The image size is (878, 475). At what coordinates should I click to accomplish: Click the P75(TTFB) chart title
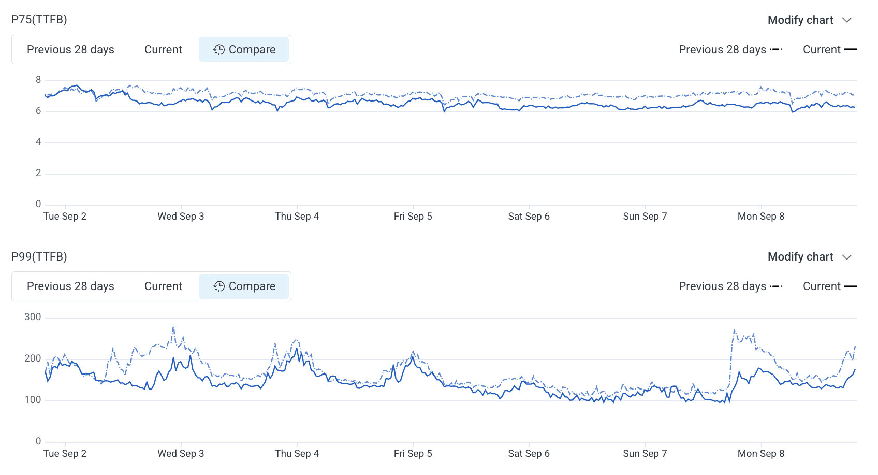pos(39,20)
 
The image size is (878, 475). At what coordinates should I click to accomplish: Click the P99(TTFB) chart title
pos(39,257)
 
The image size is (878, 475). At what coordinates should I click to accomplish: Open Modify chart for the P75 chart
pos(809,20)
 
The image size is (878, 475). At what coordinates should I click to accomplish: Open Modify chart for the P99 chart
pos(809,257)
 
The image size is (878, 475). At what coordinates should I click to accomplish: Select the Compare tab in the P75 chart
pos(244,50)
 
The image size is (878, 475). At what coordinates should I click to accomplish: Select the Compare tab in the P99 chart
pos(244,286)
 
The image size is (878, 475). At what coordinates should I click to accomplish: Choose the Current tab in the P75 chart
pos(163,50)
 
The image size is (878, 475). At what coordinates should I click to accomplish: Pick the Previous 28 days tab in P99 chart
pos(70,286)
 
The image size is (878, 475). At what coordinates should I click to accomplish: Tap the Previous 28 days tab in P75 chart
pos(70,50)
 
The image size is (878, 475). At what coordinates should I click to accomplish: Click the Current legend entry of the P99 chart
pos(829,286)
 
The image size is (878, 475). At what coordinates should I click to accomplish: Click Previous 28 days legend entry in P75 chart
pos(730,50)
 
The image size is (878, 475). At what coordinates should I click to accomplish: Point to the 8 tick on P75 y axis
pos(38,80)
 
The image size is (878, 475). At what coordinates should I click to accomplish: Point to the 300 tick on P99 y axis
pos(33,317)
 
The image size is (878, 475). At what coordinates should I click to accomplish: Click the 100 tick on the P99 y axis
pos(33,400)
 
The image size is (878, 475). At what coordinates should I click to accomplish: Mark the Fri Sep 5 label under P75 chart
pos(413,217)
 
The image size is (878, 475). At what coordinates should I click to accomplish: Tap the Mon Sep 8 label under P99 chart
pos(760,454)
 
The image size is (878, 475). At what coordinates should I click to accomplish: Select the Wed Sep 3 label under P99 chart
pos(181,454)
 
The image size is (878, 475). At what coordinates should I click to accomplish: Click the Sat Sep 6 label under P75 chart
pos(529,217)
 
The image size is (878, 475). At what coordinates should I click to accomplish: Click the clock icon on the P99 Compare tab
pos(219,286)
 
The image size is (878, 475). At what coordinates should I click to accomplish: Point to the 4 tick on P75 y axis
pos(38,142)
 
